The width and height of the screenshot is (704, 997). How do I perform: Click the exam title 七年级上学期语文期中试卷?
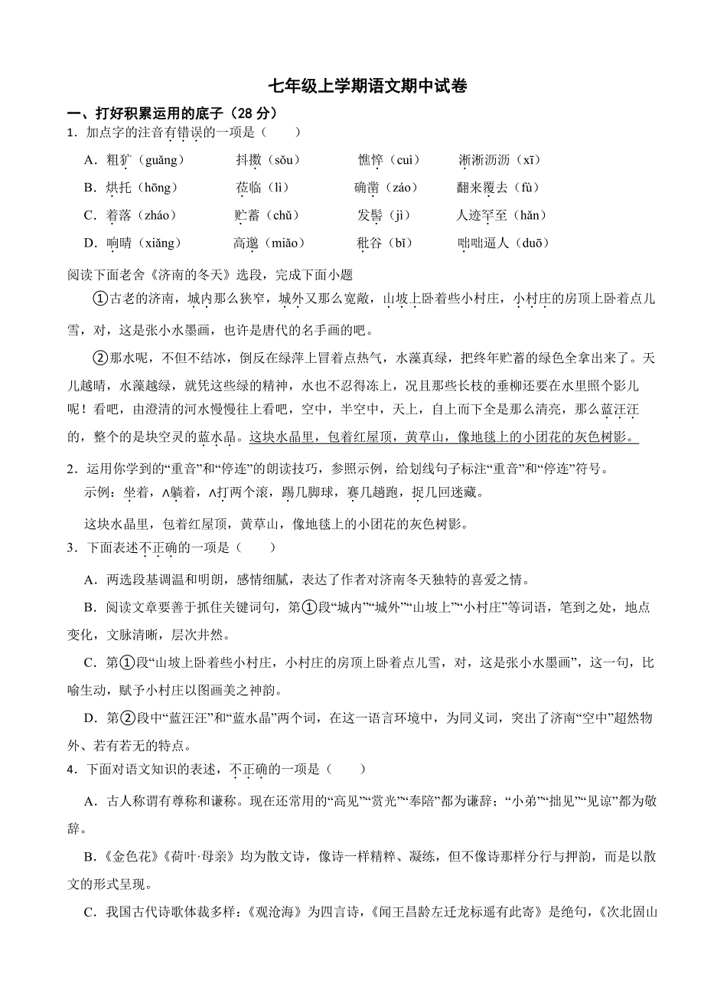pos(368,87)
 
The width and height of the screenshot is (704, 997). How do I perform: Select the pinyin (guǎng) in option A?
pos(160,160)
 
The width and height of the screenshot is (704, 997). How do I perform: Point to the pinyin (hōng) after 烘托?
pos(157,188)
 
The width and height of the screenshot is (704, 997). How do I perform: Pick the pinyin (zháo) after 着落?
pos(157,215)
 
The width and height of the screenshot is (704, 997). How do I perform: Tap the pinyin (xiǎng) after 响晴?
pos(160,243)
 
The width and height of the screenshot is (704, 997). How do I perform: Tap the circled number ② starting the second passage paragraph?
pos(99,358)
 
